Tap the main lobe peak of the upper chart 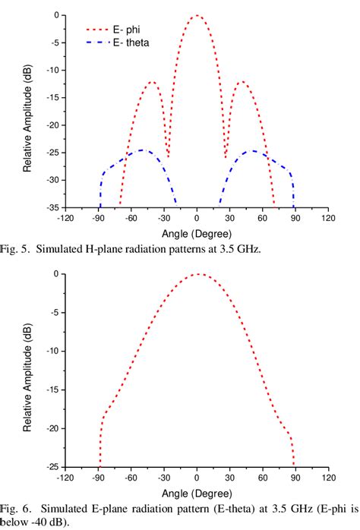[x=197, y=15]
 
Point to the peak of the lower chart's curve [x=197, y=274]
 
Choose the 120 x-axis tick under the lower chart [x=328, y=478]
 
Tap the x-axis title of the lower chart [x=196, y=491]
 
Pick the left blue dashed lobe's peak [x=141, y=150]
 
